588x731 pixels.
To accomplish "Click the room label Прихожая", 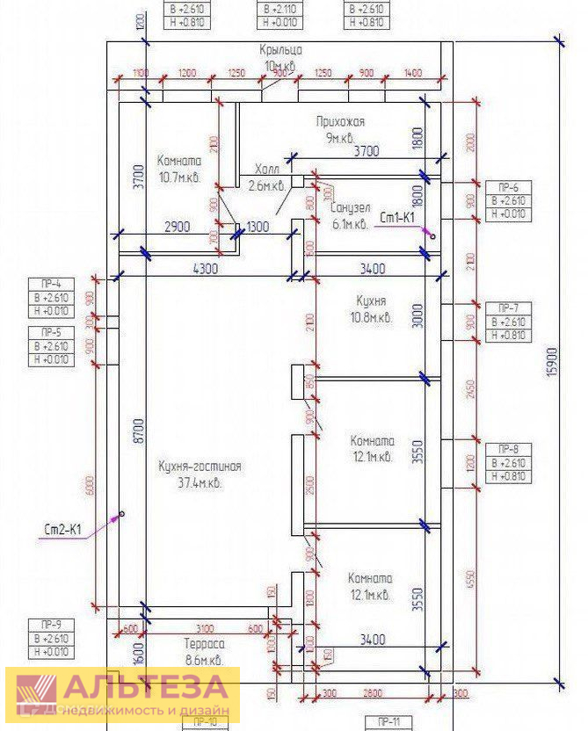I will [x=340, y=121].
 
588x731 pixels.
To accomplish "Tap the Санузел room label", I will [x=351, y=208].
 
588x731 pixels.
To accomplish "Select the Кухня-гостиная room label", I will [x=200, y=467].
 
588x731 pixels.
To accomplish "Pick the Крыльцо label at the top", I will [x=281, y=50].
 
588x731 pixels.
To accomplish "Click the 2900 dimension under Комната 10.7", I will [x=177, y=228].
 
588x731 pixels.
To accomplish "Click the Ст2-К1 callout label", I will [x=63, y=530].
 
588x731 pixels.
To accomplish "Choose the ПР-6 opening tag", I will [x=508, y=187].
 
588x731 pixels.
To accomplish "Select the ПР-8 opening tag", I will [x=508, y=448].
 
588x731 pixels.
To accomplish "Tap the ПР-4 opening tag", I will [x=51, y=284].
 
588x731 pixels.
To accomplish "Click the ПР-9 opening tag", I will [x=51, y=624].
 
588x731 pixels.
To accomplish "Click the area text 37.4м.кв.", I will [x=200, y=483].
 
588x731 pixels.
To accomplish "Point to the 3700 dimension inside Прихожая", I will [x=366, y=151].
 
